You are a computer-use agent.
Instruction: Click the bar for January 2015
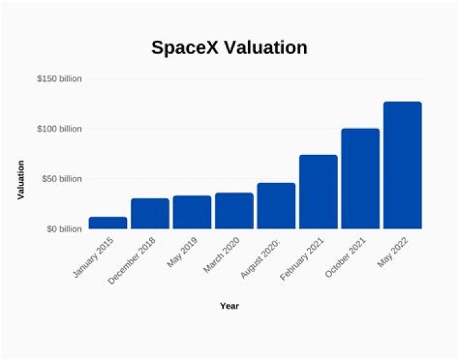click(108, 222)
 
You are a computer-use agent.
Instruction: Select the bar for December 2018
click(150, 213)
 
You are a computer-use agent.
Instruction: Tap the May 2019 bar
click(192, 212)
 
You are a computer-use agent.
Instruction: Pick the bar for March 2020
click(234, 211)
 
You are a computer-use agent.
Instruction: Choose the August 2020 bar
click(276, 206)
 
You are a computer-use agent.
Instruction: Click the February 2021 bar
click(318, 192)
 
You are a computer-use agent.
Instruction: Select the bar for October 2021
click(360, 178)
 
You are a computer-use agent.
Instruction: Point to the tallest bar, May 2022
click(402, 165)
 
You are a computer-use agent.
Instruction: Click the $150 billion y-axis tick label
click(59, 79)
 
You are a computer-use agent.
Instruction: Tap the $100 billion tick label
click(59, 129)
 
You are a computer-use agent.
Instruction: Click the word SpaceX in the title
click(187, 48)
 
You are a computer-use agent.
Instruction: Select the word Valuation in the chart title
click(268, 48)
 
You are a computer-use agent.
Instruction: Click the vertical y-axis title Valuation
click(20, 180)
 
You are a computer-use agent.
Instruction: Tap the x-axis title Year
click(229, 306)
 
